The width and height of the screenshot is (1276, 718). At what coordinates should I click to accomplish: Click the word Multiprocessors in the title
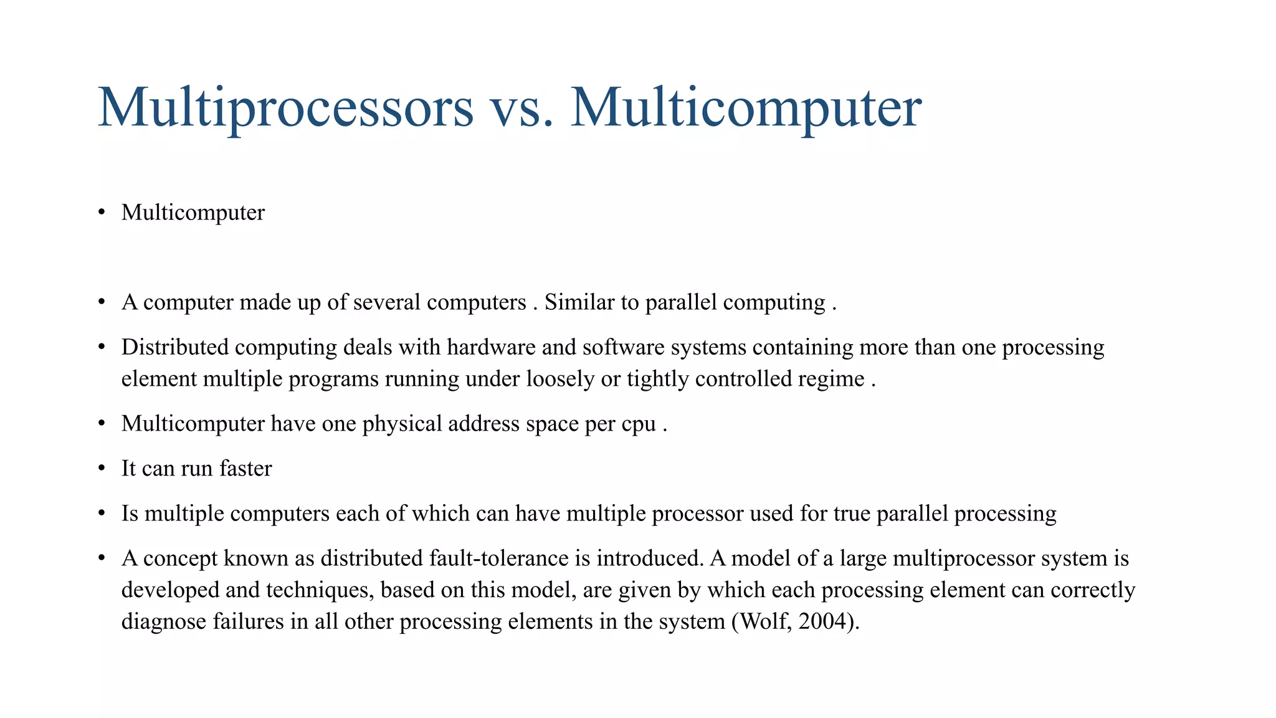(285, 108)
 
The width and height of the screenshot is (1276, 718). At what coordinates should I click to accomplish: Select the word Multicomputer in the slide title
(745, 108)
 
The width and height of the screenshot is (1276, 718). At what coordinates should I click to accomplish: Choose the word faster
(245, 469)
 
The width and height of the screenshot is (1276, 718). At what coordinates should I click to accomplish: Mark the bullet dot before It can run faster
(102, 469)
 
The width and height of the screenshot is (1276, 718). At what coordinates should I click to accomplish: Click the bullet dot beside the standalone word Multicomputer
(102, 213)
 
